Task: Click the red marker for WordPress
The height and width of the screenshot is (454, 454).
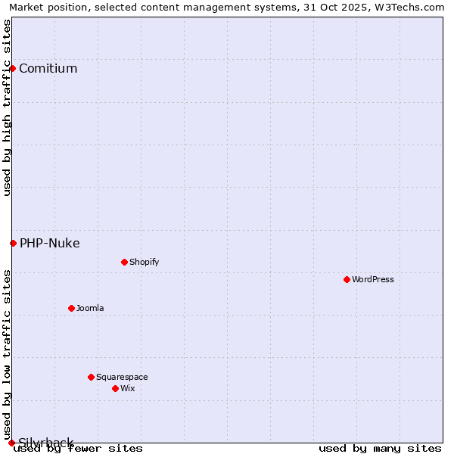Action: pyautogui.click(x=347, y=279)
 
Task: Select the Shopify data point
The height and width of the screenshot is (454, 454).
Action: pyautogui.click(x=124, y=262)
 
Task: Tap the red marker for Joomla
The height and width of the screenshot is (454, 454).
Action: pyautogui.click(x=71, y=308)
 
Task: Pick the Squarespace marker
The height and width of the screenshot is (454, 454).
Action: pyautogui.click(x=91, y=377)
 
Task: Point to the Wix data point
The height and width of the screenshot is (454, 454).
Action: pyautogui.click(x=115, y=388)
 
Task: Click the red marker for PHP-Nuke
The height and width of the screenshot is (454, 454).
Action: pyautogui.click(x=13, y=243)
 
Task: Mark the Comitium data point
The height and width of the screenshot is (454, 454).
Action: pyautogui.click(x=12, y=68)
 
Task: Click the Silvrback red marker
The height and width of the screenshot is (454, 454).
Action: pyautogui.click(x=11, y=443)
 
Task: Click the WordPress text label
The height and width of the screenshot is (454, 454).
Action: pyautogui.click(x=373, y=279)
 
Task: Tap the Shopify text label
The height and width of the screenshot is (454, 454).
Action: pyautogui.click(x=145, y=262)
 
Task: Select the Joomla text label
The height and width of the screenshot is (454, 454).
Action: pyautogui.click(x=90, y=308)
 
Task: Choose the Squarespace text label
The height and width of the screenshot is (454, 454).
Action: pyautogui.click(x=122, y=377)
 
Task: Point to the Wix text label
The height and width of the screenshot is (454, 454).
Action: pyautogui.click(x=127, y=388)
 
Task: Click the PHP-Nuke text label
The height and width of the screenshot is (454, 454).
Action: pyautogui.click(x=49, y=243)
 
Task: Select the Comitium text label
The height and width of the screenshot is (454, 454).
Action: pyautogui.click(x=48, y=68)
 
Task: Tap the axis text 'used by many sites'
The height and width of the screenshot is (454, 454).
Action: pyautogui.click(x=380, y=449)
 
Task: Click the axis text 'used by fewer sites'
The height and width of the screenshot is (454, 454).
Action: pyautogui.click(x=78, y=449)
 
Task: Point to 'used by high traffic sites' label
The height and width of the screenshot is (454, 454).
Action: pyautogui.click(x=7, y=108)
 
